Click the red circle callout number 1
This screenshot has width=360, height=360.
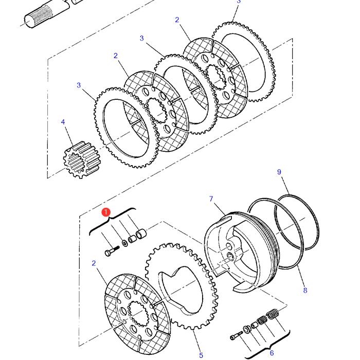coord(106,212)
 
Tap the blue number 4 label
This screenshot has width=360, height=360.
coord(63,122)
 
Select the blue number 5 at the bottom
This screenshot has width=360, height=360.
coord(201,355)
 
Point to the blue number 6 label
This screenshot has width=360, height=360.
coord(272,353)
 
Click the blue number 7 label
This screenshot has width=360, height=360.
coord(211,199)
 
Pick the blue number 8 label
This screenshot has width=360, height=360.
coord(305,290)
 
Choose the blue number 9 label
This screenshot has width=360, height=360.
coord(279,172)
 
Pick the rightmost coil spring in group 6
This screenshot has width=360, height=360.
coord(272,313)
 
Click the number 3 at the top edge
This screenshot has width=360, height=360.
coord(238,2)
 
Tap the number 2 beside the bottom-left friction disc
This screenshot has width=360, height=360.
coord(94,263)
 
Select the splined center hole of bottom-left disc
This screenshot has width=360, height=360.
coord(137,313)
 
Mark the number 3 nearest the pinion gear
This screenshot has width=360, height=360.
coord(79,85)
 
